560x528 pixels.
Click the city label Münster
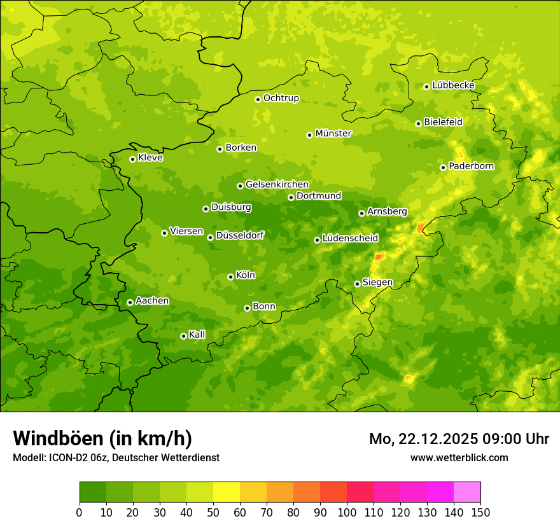(333, 134)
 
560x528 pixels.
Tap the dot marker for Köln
(230, 277)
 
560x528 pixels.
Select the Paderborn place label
(471, 166)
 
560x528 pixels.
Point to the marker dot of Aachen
(130, 302)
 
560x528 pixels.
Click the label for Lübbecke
(453, 85)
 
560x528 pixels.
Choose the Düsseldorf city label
(239, 235)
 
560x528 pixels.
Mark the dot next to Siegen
(357, 284)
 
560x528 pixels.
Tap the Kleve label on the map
(150, 158)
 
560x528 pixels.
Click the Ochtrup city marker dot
(258, 99)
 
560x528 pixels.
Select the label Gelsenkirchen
(277, 184)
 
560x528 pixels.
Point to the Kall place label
(197, 335)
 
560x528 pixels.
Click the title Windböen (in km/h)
(102, 438)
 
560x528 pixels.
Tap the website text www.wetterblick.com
(459, 457)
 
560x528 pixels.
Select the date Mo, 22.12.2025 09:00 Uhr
(459, 439)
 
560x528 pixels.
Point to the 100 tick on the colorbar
(347, 512)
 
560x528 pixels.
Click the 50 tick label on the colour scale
(213, 512)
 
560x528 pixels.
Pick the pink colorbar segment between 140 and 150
(467, 492)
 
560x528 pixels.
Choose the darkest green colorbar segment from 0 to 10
(93, 492)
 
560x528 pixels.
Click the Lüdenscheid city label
(350, 239)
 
